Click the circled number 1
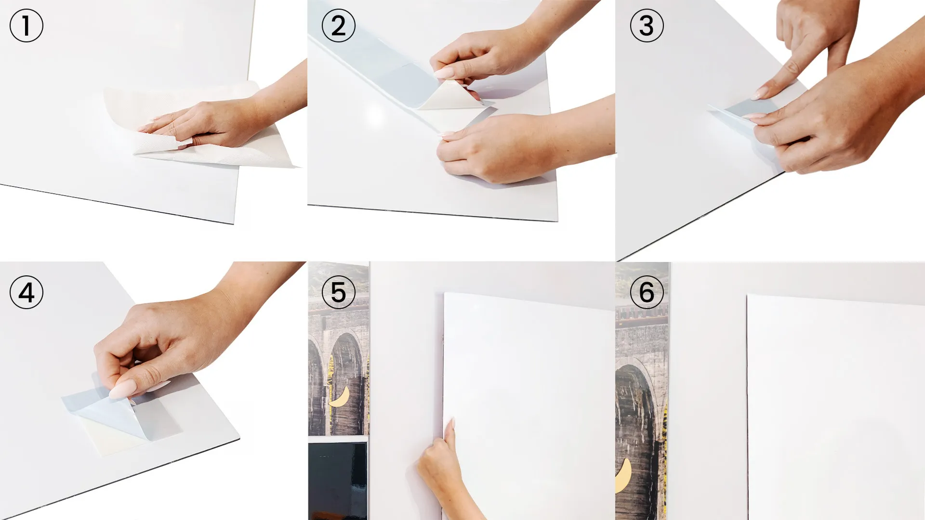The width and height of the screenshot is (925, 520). click(26, 26)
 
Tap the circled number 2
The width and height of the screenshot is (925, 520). click(338, 26)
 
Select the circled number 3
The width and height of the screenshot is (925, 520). click(647, 26)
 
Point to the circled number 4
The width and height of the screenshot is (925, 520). click(26, 292)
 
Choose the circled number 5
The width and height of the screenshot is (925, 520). click(338, 292)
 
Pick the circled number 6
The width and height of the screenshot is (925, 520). click(647, 292)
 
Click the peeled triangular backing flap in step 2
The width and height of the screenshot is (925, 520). click(450, 96)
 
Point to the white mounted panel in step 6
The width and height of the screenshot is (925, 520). click(836, 407)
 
